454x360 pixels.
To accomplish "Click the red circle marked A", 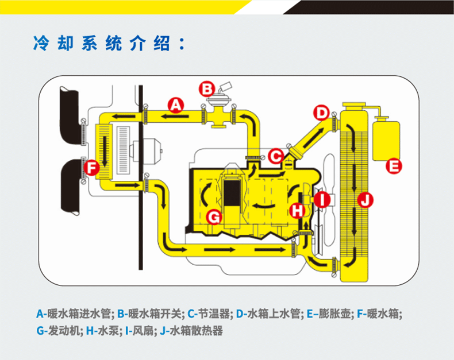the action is click(176, 105).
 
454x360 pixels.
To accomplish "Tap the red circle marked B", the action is click(206, 89).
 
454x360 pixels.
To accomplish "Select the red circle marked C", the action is click(276, 155).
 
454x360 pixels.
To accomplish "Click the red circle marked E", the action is click(394, 167).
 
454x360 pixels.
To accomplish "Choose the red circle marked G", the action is click(213, 216).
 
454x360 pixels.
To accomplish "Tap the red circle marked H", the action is click(297, 211).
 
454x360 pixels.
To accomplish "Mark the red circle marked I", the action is click(323, 200).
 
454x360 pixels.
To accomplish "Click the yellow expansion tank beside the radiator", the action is click(386, 139).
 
